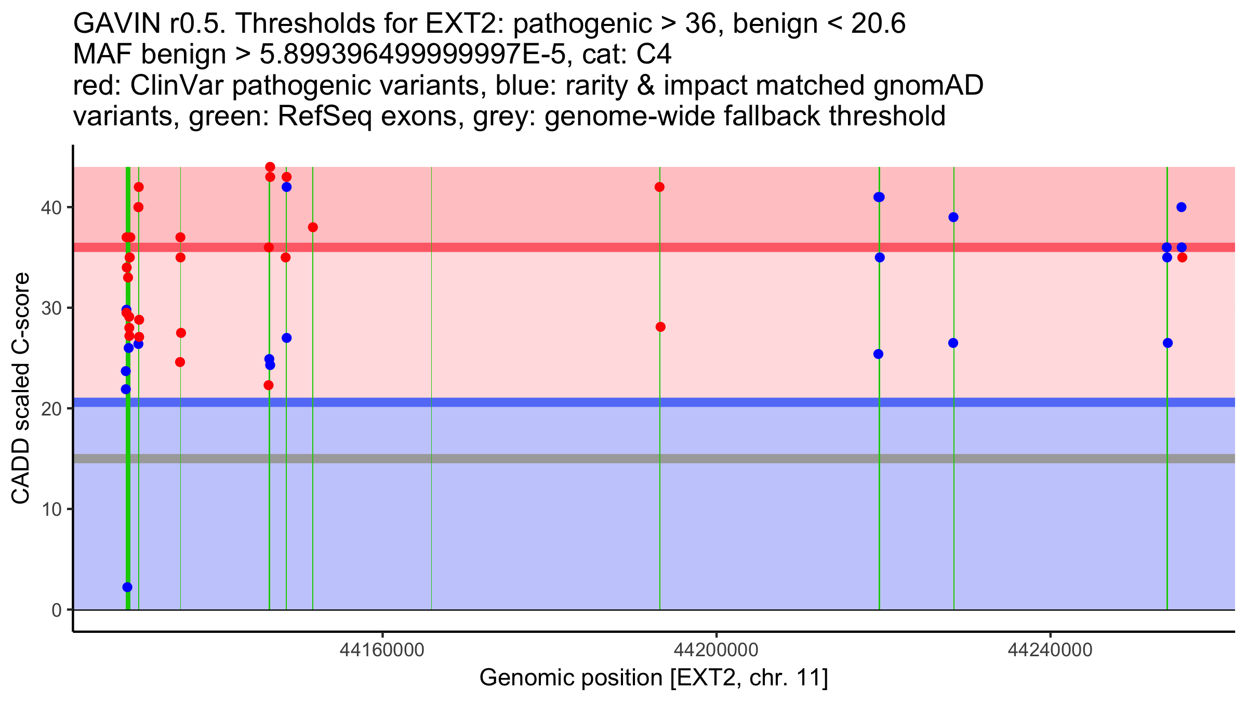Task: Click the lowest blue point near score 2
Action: [x=127, y=587]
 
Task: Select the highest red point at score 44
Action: [x=270, y=167]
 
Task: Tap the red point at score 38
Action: [x=313, y=227]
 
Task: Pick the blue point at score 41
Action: [x=879, y=197]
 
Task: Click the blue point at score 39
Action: [x=953, y=217]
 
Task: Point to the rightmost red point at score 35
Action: [x=1182, y=257]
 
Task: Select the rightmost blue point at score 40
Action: [x=1182, y=207]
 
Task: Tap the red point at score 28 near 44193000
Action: [x=660, y=327]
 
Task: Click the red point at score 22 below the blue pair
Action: [x=269, y=385]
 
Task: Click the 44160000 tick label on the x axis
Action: [x=382, y=650]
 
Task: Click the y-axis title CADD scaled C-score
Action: [x=21, y=388]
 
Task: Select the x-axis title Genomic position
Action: [x=653, y=678]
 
